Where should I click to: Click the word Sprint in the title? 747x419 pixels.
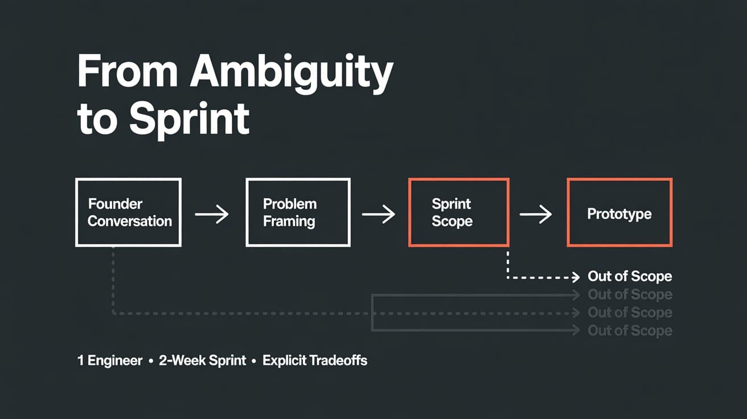coord(189,118)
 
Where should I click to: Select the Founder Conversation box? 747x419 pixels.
coord(129,212)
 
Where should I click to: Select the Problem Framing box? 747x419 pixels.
coord(298,212)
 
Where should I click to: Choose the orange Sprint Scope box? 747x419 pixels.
coord(458,212)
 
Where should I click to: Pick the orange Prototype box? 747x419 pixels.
coord(619,212)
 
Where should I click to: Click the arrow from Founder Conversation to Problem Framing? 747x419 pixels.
coord(212,215)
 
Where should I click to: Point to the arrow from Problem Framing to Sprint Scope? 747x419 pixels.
coord(379,215)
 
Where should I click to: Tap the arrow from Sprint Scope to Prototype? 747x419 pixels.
coord(536,215)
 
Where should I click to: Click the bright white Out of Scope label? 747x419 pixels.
coord(630,277)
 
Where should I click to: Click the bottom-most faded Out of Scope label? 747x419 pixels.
coord(630,330)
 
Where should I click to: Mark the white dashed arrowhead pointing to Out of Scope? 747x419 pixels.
coord(575,277)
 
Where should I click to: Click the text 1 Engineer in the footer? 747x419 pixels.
coord(110,360)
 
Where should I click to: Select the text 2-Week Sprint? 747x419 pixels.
coord(202,360)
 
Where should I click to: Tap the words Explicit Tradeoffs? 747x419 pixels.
coord(315,360)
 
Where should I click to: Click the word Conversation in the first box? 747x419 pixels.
coord(130,221)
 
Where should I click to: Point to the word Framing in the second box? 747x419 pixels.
coord(289,221)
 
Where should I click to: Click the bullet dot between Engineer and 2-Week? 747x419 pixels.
coord(151,361)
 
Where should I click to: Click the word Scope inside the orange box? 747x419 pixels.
coord(452,221)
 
